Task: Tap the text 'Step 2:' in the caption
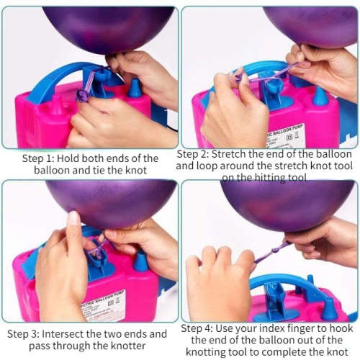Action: [x=197, y=155]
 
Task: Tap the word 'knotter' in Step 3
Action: [x=124, y=346]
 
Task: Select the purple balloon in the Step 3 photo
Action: [x=108, y=202]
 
